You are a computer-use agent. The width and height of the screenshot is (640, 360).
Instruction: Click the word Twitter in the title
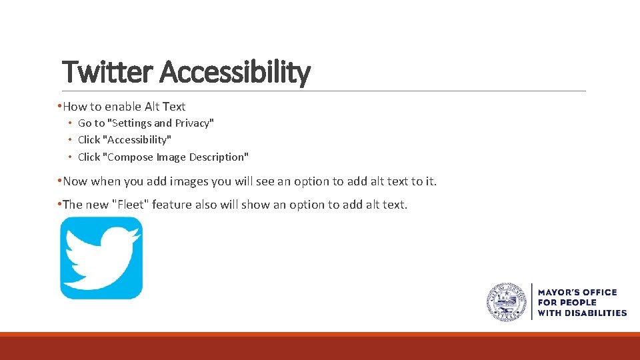pyautogui.click(x=107, y=72)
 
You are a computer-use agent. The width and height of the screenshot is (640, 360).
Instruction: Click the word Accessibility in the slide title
pyautogui.click(x=235, y=72)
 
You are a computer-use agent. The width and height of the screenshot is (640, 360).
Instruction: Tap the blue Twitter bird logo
pyautogui.click(x=101, y=258)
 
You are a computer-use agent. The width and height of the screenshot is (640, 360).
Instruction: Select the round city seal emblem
pyautogui.click(x=507, y=302)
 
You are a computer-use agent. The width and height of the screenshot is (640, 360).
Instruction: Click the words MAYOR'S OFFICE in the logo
pyautogui.click(x=577, y=292)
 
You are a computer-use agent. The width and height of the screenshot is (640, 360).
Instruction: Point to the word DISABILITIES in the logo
pyautogui.click(x=595, y=313)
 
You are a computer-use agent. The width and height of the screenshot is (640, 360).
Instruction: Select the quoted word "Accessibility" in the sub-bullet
pyautogui.click(x=137, y=139)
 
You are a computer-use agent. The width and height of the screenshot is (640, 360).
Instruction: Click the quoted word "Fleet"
pyautogui.click(x=130, y=205)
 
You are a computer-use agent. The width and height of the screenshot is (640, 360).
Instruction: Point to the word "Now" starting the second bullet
pyautogui.click(x=75, y=181)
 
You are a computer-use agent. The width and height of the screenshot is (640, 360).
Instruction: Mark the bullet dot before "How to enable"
pyautogui.click(x=60, y=107)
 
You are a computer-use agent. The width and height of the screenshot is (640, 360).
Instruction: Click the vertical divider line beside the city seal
pyautogui.click(x=531, y=302)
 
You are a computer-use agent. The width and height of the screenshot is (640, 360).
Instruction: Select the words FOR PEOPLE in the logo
pyautogui.click(x=567, y=303)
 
